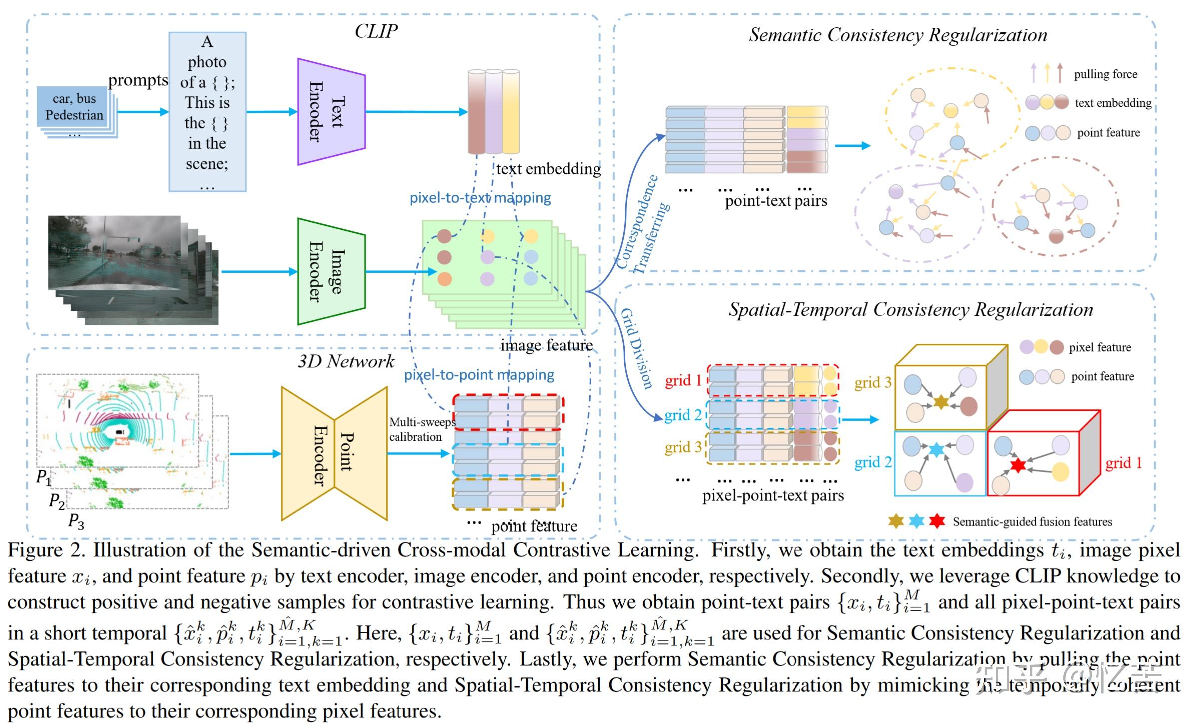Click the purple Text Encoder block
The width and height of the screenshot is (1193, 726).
pyautogui.click(x=331, y=112)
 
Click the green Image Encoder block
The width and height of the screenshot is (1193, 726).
pyautogui.click(x=331, y=271)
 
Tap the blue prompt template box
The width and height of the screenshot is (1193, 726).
pyautogui.click(x=207, y=112)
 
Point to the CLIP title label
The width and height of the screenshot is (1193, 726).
pyautogui.click(x=376, y=31)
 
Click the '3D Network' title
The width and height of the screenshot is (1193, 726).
pyautogui.click(x=346, y=361)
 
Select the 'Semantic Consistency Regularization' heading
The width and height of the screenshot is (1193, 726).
pyautogui.click(x=897, y=35)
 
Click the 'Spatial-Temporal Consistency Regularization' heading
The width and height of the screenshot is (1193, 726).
pyautogui.click(x=910, y=310)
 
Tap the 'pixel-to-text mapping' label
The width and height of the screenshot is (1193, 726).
pyautogui.click(x=480, y=198)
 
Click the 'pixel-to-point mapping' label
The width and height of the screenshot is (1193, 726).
pyautogui.click(x=479, y=375)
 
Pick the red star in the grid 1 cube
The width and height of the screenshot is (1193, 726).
pyautogui.click(x=1017, y=466)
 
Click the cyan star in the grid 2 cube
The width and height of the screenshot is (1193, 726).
pyautogui.click(x=936, y=449)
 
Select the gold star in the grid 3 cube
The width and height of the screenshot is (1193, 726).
pyautogui.click(x=940, y=402)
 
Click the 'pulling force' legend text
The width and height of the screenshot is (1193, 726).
pyautogui.click(x=1105, y=74)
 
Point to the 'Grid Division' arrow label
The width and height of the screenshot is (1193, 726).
pyautogui.click(x=636, y=348)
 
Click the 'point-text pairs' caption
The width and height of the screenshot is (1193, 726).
pyautogui.click(x=776, y=201)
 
